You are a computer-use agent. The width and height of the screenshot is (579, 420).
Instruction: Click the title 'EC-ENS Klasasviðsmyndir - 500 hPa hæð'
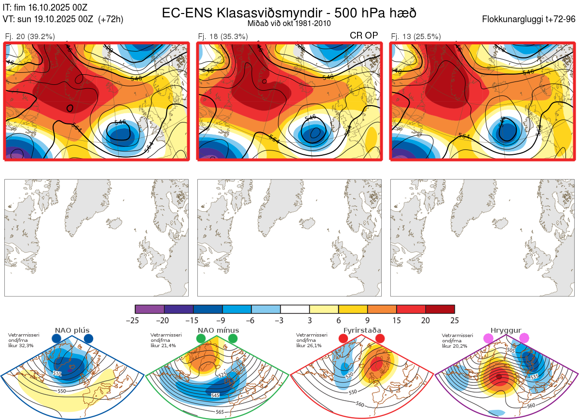(289, 13)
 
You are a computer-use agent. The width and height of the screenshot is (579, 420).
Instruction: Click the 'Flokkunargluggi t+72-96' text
(529, 19)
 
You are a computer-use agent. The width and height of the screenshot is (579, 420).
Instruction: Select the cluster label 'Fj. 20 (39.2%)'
(29, 36)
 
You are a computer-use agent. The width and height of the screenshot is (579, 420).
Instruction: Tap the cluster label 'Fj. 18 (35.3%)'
(223, 36)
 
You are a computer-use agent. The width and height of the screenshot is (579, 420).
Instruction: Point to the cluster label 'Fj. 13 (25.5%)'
(415, 36)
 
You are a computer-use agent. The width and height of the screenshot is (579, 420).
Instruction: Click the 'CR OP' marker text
(363, 35)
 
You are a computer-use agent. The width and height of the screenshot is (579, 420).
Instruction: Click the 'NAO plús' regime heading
(72, 330)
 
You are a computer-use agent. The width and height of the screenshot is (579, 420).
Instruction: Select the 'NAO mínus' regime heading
(218, 330)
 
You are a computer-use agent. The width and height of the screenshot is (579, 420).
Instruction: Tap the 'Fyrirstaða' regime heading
(362, 330)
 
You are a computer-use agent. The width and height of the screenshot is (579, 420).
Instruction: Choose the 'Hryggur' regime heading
(506, 330)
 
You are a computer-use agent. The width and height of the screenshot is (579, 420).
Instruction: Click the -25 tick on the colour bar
(136, 320)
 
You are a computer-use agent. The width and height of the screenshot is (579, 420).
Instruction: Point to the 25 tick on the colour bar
(455, 320)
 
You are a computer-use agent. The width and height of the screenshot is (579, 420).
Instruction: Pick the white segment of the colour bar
(295, 309)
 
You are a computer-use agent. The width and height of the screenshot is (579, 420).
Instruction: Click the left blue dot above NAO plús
(56, 339)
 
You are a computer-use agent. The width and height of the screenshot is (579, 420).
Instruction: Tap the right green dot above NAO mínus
(233, 339)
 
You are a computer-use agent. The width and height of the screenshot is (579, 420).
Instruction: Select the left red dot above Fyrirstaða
(344, 339)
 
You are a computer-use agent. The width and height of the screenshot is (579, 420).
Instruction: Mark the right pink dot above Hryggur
(524, 339)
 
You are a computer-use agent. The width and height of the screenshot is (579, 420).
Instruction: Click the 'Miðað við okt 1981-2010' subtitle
(289, 24)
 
